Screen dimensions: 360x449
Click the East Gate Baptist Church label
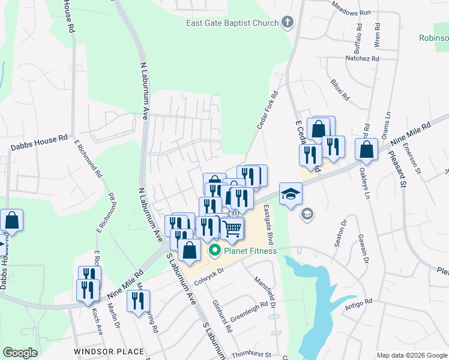tap(232, 23)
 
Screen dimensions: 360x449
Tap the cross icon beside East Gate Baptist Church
tap(288, 23)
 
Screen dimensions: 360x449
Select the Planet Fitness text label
tap(250, 251)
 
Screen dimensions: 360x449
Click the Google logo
tap(20, 353)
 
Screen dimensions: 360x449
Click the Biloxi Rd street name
tap(339, 89)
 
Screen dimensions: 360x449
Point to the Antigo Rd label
tap(359, 301)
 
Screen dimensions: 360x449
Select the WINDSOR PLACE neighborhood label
tap(109, 352)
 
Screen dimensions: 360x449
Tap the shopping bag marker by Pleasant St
tap(366, 149)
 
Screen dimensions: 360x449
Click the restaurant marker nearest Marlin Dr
tap(88, 289)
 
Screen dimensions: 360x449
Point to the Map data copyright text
tap(411, 355)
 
